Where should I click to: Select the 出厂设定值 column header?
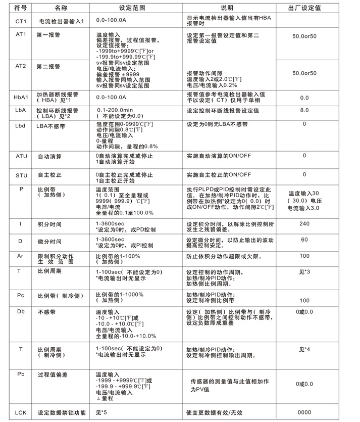[304, 8]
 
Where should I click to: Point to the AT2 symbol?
[21, 66]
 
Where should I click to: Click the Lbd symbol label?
[21, 124]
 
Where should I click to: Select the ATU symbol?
[21, 156]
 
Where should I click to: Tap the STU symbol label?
[21, 174]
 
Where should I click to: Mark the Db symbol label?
[21, 312]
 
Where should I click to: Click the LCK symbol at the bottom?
[21, 412]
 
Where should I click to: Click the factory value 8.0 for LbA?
[304, 110]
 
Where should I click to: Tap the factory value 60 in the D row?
[304, 240]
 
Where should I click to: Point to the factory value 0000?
[304, 412]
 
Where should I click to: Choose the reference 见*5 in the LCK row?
[102, 413]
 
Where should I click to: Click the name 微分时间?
[49, 242]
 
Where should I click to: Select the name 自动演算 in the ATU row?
[49, 157]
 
